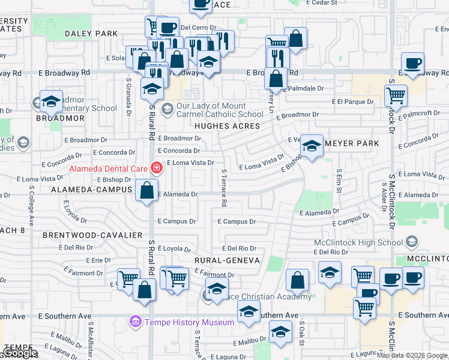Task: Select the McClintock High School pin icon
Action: pyautogui.click(x=412, y=242)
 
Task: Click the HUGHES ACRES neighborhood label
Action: pyautogui.click(x=227, y=126)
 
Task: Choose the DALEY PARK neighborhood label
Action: pyautogui.click(x=91, y=34)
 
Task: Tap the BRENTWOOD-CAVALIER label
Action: pyautogui.click(x=101, y=235)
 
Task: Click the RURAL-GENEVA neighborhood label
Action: pyautogui.click(x=226, y=260)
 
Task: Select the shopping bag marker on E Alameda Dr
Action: pyautogui.click(x=147, y=191)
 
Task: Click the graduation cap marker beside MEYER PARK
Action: pyautogui.click(x=311, y=146)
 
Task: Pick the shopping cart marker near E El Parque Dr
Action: pyautogui.click(x=396, y=95)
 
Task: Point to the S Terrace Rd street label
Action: pyautogui.click(x=223, y=188)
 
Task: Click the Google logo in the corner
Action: pyautogui.click(x=20, y=353)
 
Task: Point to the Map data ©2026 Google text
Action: pyautogui.click(x=412, y=355)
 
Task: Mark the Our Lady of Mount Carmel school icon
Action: pyautogui.click(x=167, y=109)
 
